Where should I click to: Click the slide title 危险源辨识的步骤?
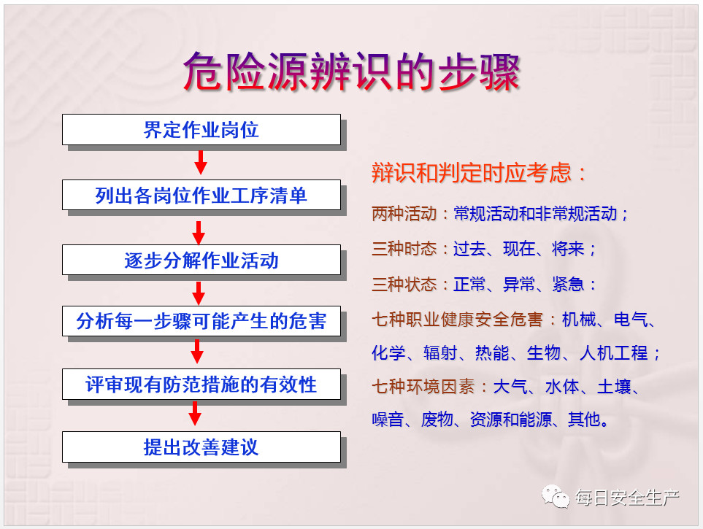click(352, 72)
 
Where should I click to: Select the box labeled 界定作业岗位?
click(201, 130)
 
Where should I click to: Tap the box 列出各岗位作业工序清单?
click(201, 195)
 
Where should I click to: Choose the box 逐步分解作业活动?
click(201, 260)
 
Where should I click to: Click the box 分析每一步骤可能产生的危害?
click(201, 321)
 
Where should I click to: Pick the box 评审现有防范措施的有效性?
click(201, 385)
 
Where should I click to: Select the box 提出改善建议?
click(201, 447)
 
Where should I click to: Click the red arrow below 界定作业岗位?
click(201, 162)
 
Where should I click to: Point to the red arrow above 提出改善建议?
click(195, 413)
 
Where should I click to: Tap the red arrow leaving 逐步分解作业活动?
click(199, 293)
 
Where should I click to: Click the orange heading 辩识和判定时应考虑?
click(472, 173)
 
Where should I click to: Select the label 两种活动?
click(404, 213)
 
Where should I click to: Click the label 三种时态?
click(404, 248)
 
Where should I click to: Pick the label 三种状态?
click(404, 284)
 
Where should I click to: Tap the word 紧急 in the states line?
click(568, 284)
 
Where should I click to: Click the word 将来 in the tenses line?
click(568, 248)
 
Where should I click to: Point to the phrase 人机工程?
click(613, 353)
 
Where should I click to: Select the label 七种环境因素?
click(423, 387)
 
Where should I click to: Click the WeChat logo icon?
click(555, 496)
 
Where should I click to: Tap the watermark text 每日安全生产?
click(627, 498)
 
